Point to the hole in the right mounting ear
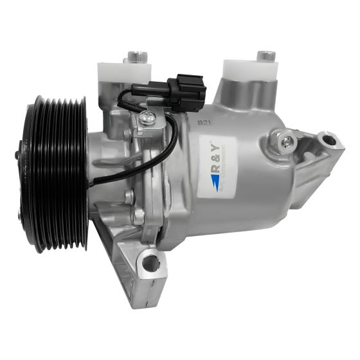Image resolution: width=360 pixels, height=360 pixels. (328, 139)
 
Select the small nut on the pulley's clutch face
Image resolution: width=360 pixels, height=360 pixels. (18, 154)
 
